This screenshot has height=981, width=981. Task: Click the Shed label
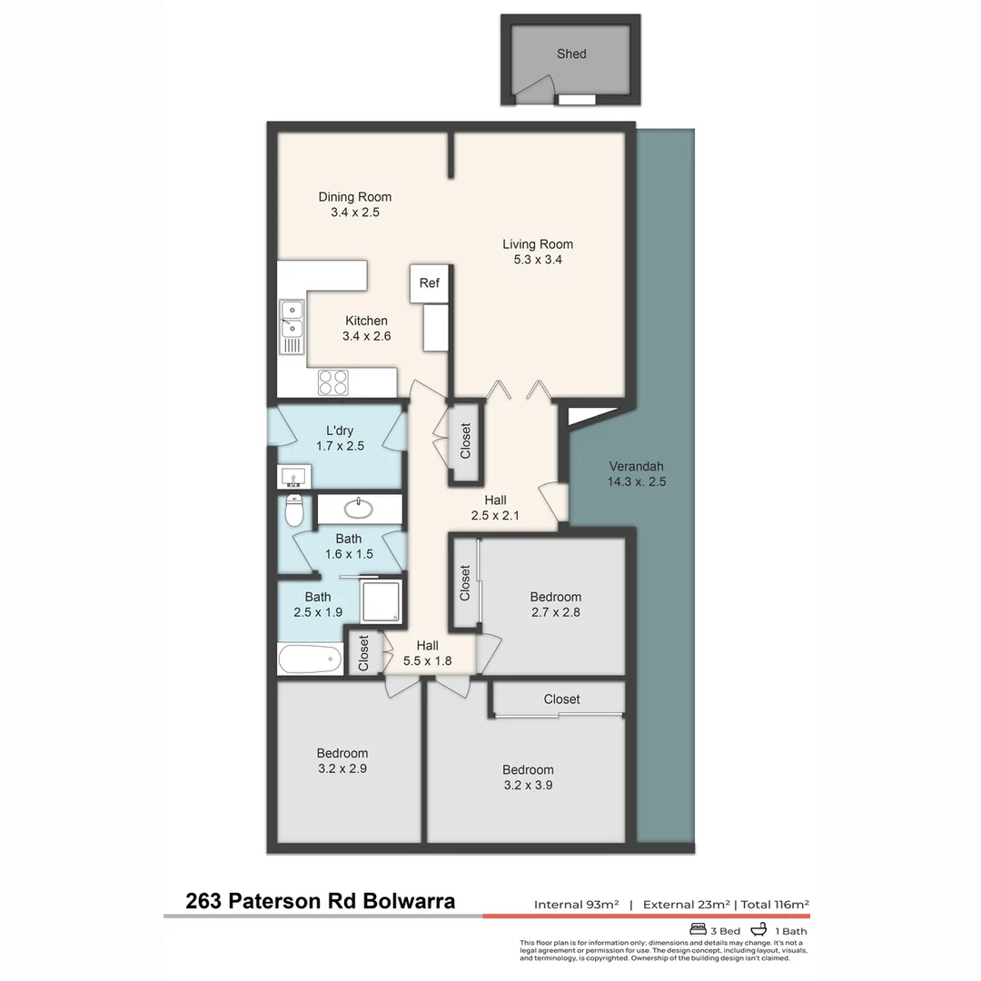[x=571, y=54]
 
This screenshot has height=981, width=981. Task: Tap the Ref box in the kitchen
[x=429, y=283]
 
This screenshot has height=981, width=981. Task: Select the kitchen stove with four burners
[x=333, y=381]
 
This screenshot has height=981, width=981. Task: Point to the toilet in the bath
[x=293, y=511]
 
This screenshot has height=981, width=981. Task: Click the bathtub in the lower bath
[x=311, y=659]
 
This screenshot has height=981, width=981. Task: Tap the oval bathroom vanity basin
[x=359, y=507]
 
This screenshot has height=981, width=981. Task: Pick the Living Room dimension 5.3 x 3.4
[x=538, y=260]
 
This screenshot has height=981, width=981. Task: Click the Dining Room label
[x=354, y=197]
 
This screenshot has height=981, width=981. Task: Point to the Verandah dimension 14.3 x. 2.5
[x=636, y=482]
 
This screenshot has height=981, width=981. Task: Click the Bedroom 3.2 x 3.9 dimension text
[x=528, y=785]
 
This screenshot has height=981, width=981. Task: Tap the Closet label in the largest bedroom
[x=561, y=699]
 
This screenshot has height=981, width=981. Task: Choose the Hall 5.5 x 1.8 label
[x=427, y=653]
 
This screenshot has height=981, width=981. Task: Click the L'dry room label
[x=339, y=431]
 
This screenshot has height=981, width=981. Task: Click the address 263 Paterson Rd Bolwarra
[x=320, y=902]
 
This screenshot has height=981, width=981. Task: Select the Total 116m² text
[x=775, y=905]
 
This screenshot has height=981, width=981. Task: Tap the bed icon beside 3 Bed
[x=698, y=930]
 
